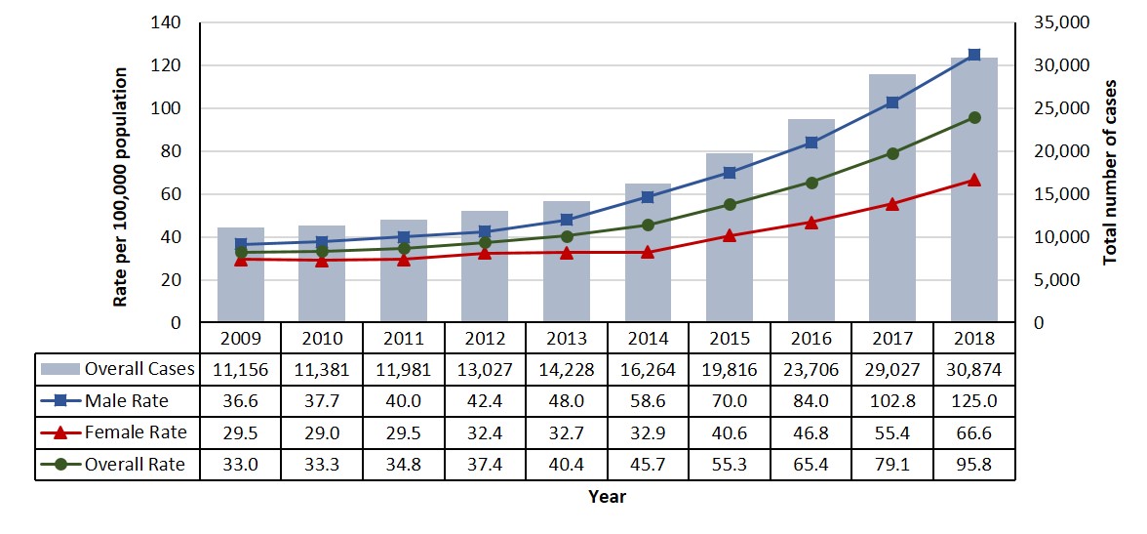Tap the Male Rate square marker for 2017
click(892, 103)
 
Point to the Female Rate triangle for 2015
click(730, 235)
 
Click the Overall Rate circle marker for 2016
click(811, 183)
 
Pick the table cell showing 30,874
click(974, 369)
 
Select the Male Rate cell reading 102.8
click(892, 400)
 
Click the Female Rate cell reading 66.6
click(974, 431)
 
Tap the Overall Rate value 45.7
click(648, 464)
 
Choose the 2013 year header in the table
click(567, 338)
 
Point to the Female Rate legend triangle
click(59, 431)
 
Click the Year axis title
click(607, 497)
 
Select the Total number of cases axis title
click(1110, 173)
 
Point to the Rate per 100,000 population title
click(121, 187)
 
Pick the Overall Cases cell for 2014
click(648, 369)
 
